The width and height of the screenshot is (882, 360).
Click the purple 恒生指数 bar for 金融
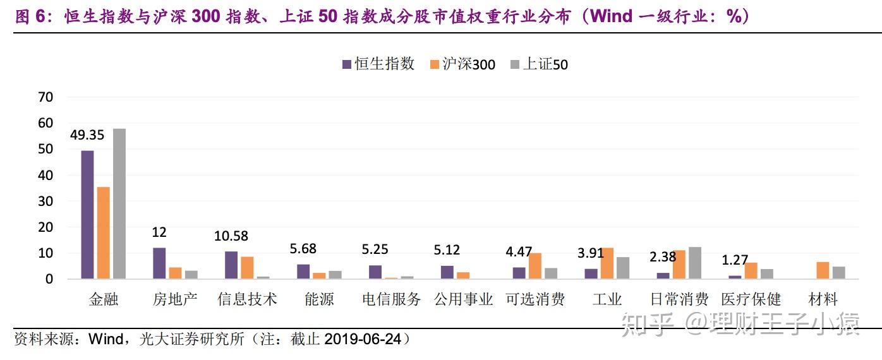coord(87,215)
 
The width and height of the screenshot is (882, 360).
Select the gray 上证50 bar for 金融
coord(119,204)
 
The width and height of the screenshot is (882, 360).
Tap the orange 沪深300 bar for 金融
coord(103,233)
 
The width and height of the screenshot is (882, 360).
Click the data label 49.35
coord(87,136)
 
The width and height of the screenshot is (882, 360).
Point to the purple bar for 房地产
coord(159,263)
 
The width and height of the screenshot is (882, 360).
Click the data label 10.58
coord(231,236)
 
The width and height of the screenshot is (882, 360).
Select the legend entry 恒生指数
coord(378,64)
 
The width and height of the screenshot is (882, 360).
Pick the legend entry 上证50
coord(539,64)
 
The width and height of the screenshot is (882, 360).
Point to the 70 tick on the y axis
coord(45,97)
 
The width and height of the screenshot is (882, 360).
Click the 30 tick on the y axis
coord(45,201)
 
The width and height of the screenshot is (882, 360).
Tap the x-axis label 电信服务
coord(391,299)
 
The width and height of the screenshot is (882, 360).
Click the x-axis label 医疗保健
coord(751,299)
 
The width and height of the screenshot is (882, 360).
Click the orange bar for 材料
coord(823,270)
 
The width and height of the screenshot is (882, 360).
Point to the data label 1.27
coord(735,260)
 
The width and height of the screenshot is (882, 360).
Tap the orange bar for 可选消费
coord(535,266)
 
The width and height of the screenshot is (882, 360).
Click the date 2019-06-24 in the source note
coord(363,340)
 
